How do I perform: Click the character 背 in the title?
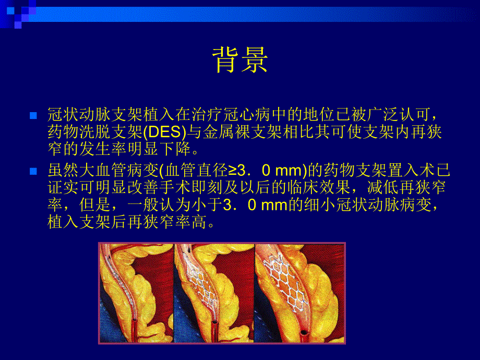(x=225, y=60)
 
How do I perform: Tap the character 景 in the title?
(x=254, y=60)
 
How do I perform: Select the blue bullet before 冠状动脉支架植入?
(x=33, y=115)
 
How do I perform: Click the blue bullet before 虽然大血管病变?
(x=33, y=171)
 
